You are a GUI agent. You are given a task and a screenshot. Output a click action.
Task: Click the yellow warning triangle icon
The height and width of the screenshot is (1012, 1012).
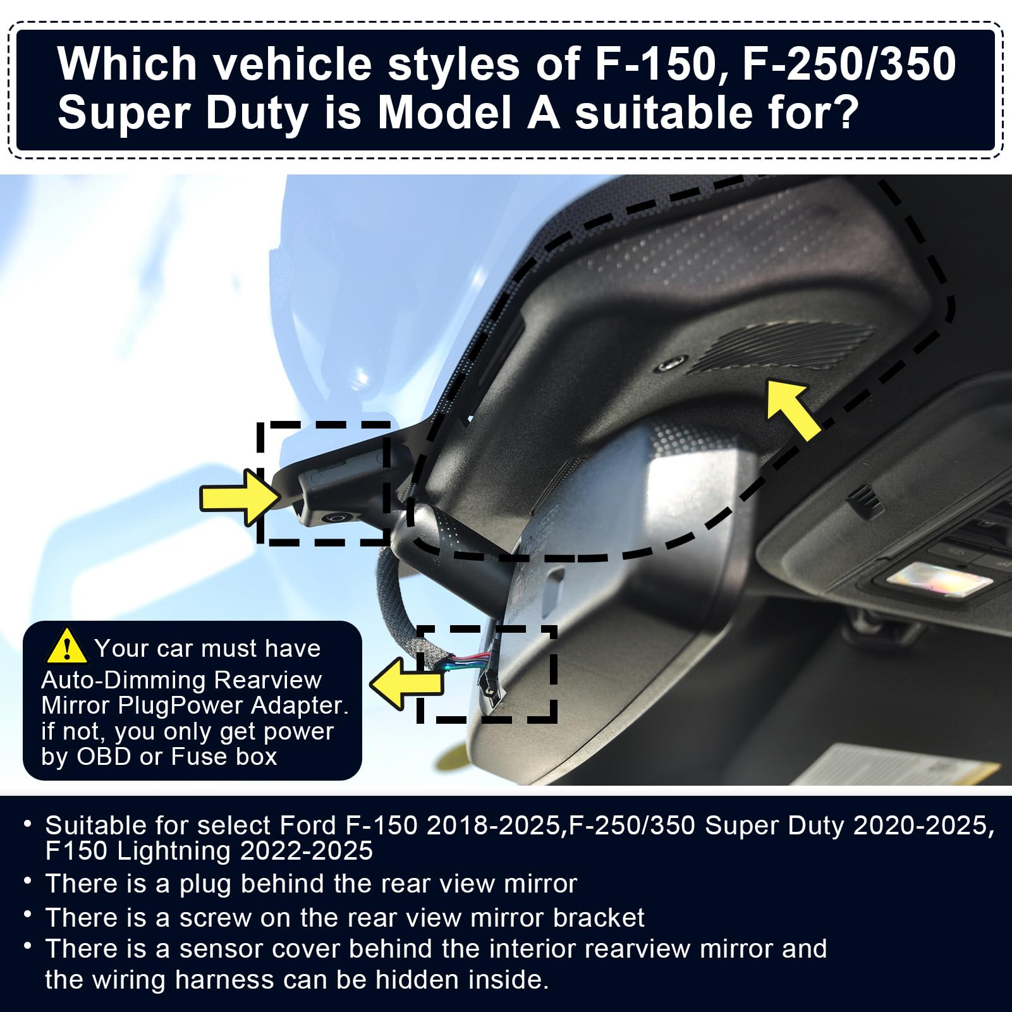coord(66,646)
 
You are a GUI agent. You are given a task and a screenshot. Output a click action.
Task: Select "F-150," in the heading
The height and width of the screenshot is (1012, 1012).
coord(662,64)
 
